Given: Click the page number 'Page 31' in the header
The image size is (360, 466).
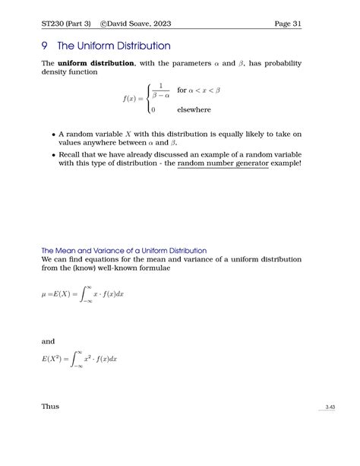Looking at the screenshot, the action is pos(287,24).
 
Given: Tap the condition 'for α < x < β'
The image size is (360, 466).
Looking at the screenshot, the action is pos(198,90).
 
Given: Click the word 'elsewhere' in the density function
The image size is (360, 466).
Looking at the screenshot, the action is pos(194,109).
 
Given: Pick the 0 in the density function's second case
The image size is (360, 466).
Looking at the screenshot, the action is pos(153,109).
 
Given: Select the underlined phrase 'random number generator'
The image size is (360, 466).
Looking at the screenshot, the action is pos(223,163).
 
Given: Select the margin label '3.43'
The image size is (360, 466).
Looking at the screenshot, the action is pos(330,408).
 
